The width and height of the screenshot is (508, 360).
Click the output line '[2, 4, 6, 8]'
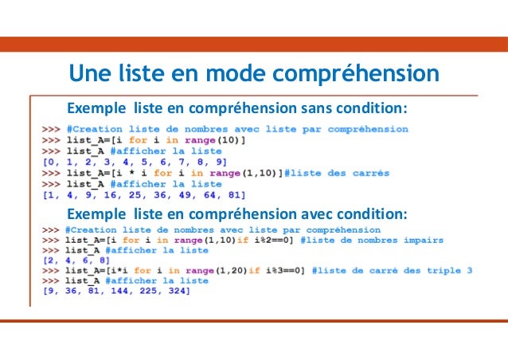coord(68,260)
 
